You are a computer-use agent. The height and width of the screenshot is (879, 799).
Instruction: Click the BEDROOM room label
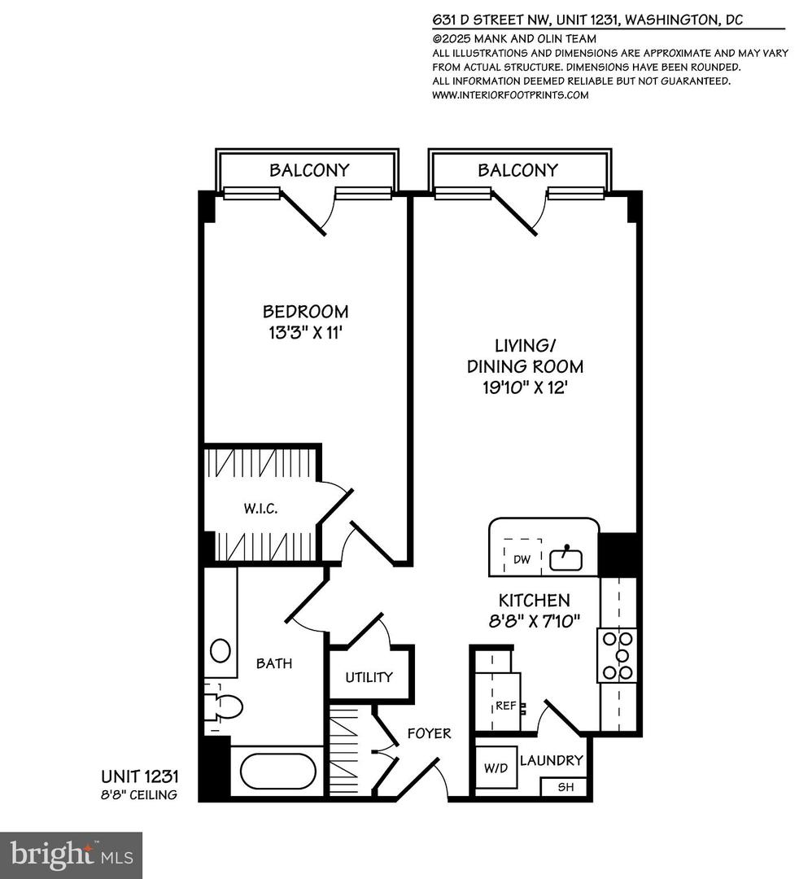pyautogui.click(x=305, y=311)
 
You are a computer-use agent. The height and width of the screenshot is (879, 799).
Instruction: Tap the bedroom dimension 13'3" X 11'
pyautogui.click(x=305, y=331)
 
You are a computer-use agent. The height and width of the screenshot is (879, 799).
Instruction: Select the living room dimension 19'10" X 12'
pyautogui.click(x=525, y=387)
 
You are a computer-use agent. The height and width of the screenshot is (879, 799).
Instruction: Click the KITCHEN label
pyautogui.click(x=534, y=601)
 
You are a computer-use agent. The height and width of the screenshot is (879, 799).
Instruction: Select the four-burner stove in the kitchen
pyautogui.click(x=618, y=655)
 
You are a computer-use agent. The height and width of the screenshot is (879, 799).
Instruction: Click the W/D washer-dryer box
pyautogui.click(x=496, y=767)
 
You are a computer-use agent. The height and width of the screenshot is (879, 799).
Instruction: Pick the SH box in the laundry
pyautogui.click(x=563, y=787)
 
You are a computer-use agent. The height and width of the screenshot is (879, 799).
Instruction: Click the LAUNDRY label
pyautogui.click(x=551, y=760)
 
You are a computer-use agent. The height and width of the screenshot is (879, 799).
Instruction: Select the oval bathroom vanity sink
pyautogui.click(x=220, y=650)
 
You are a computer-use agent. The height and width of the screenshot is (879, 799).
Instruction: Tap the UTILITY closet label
pyautogui.click(x=369, y=676)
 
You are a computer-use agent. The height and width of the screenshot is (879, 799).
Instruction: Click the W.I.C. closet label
pyautogui.click(x=260, y=509)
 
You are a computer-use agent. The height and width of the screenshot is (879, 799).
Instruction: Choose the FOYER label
pyautogui.click(x=429, y=733)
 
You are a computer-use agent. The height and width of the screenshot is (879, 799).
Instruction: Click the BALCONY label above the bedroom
pyautogui.click(x=309, y=170)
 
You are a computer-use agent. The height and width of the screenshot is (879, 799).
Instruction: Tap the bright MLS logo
pyautogui.click(x=72, y=855)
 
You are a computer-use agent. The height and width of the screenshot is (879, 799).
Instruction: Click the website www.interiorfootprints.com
pyautogui.click(x=509, y=94)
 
